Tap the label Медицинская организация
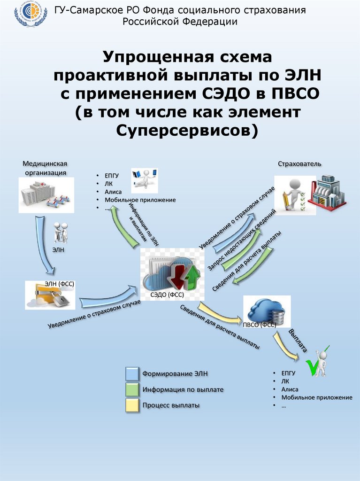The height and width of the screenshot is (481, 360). click(45, 168)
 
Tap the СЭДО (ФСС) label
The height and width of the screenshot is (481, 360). click(167, 295)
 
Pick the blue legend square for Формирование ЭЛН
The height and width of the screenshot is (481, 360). click(132, 374)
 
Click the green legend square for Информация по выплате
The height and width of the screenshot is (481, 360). click(132, 389)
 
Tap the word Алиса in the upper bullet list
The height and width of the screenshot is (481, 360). click(113, 192)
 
